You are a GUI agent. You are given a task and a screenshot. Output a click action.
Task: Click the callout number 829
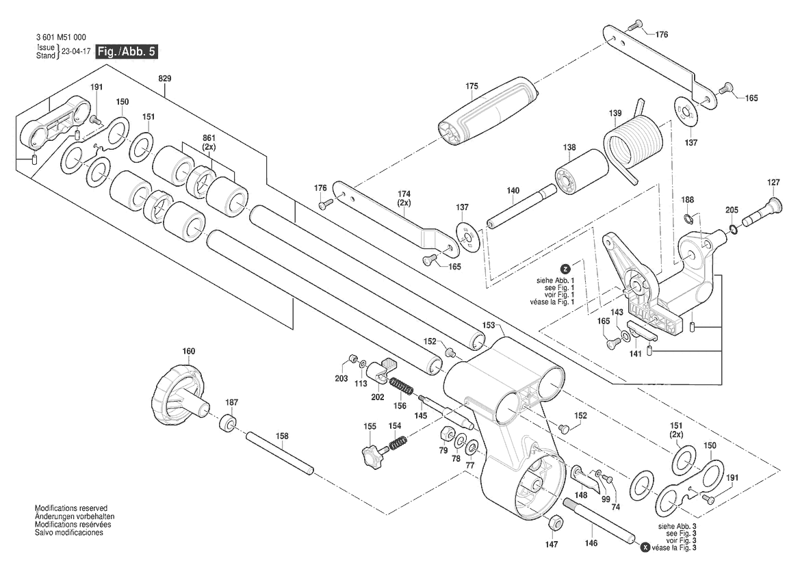[165, 79]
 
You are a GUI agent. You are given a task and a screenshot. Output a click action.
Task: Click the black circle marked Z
[565, 269]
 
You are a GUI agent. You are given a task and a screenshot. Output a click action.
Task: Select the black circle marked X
[645, 548]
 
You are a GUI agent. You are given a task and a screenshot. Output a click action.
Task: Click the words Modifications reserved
[71, 509]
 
